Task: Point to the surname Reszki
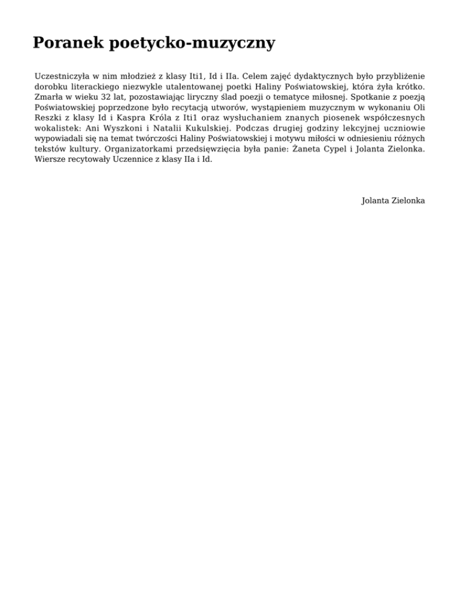click(x=49, y=118)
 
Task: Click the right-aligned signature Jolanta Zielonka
click(x=394, y=201)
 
